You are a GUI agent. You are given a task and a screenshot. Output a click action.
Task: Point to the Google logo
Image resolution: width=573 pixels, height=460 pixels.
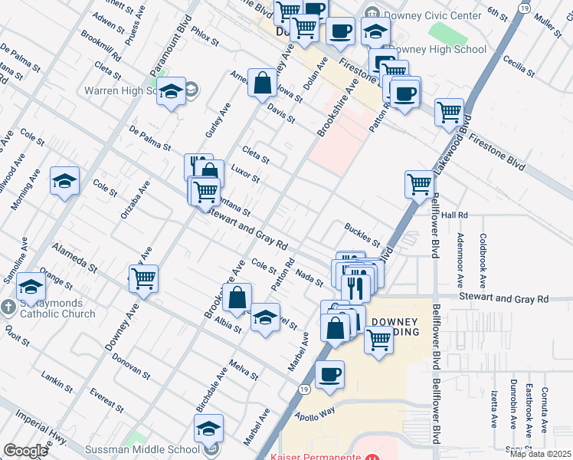25,451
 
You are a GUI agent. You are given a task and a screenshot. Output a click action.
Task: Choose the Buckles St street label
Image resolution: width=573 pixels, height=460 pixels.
362,230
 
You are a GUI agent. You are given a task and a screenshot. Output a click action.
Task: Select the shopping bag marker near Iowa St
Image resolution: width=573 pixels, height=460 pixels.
262,83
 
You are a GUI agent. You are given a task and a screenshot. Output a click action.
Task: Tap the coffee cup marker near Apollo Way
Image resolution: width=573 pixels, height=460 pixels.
329,374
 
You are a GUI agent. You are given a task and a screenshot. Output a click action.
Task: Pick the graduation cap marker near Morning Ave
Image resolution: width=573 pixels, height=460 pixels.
64,180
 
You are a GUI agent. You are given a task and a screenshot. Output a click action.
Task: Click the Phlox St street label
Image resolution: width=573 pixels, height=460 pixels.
206,35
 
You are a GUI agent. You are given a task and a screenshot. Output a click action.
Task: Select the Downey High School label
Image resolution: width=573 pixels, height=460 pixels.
437,49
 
